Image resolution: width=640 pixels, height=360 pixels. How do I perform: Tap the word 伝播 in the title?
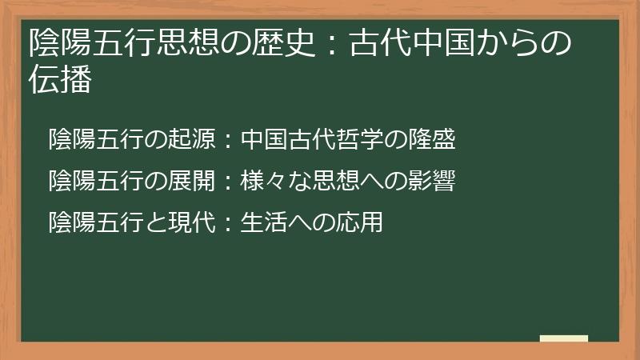click(60, 81)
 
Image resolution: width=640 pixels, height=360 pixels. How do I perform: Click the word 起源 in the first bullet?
click(191, 141)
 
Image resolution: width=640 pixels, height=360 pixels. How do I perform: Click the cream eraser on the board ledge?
click(564, 338)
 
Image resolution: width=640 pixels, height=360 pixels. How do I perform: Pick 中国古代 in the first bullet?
click(288, 141)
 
